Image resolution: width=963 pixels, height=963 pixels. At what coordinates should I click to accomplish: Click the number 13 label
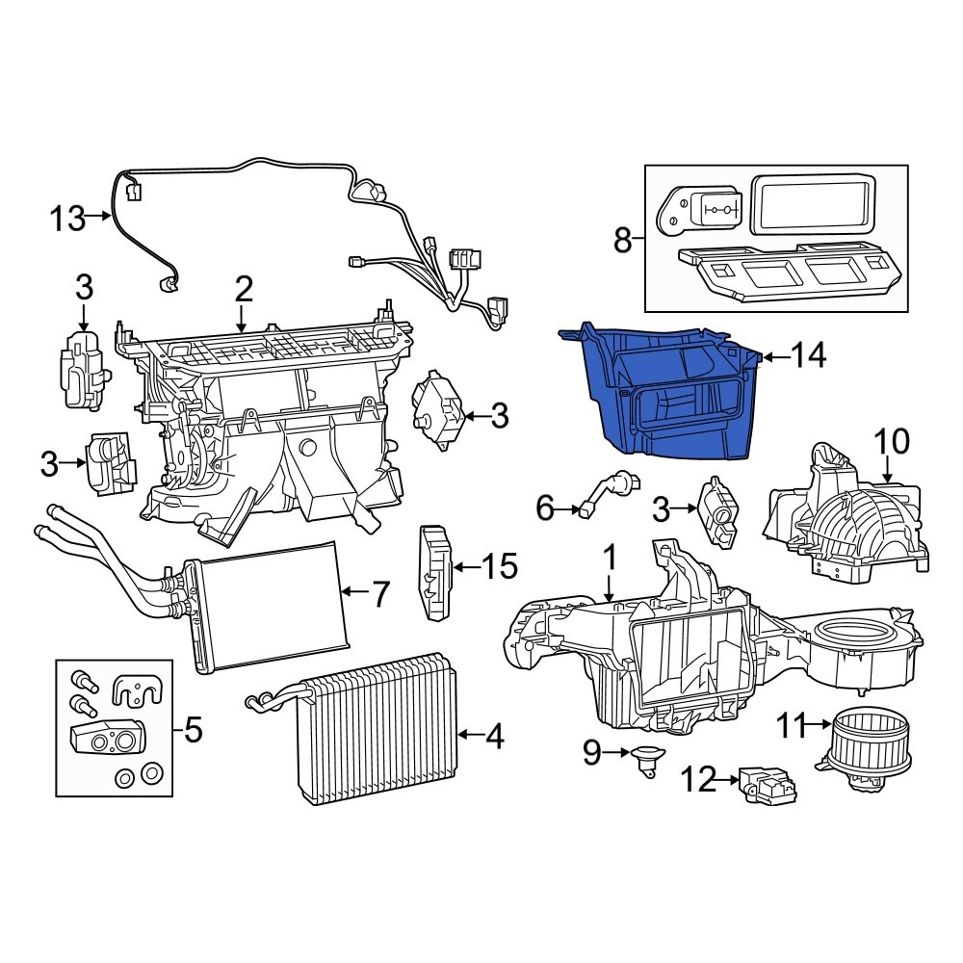coord(68,219)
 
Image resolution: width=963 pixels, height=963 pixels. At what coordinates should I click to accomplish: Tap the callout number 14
coord(810,356)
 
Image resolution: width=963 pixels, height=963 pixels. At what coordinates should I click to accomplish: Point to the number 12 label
coord(700,779)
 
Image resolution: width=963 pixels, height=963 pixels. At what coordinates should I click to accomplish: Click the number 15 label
coord(500,567)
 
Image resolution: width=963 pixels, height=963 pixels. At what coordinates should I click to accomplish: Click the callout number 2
coord(243,288)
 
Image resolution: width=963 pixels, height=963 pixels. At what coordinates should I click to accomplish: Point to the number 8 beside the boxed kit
coord(622,239)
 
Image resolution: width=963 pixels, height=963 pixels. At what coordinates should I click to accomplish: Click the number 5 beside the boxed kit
coord(193,732)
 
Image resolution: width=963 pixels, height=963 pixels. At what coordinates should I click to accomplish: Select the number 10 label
coord(892,443)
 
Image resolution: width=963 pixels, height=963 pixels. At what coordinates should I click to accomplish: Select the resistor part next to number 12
coord(767,784)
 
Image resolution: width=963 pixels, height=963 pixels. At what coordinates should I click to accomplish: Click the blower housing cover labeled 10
coord(847,525)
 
